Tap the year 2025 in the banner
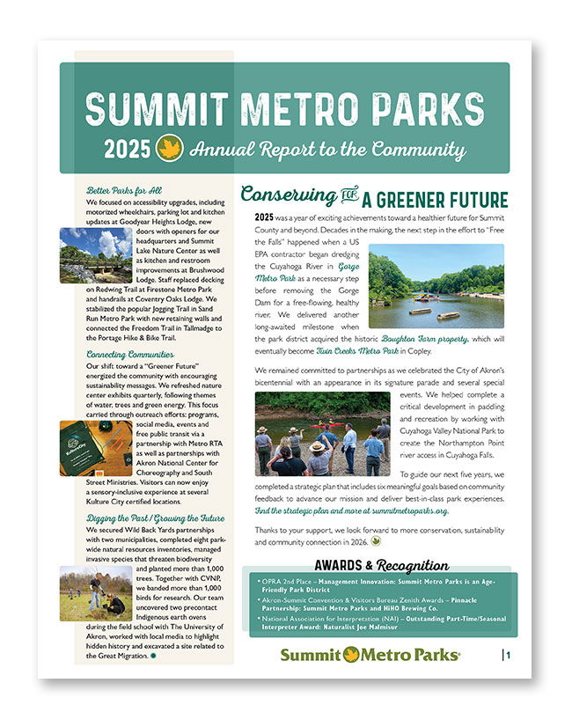point(127,150)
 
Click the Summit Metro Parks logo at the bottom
point(370,655)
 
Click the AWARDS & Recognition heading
point(381,565)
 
